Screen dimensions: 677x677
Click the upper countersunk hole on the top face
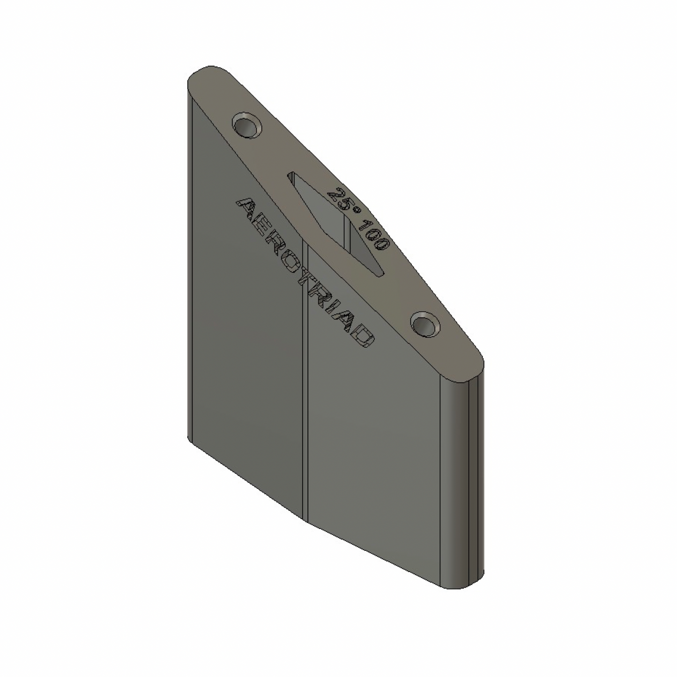click(247, 126)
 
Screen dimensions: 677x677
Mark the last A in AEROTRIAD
click(348, 322)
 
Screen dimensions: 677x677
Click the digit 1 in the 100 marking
click(363, 225)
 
